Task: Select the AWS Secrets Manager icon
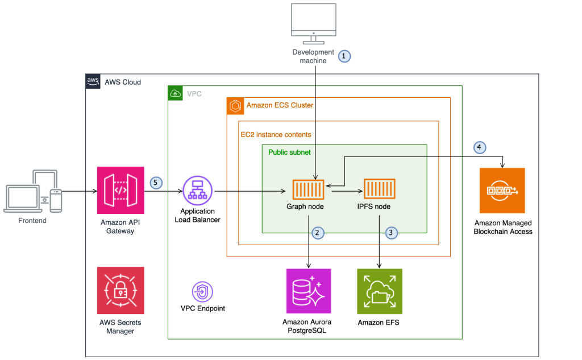[120, 290]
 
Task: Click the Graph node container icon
[308, 190]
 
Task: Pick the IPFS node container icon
[379, 190]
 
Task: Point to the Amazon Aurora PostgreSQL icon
[308, 291]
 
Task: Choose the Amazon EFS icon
[379, 291]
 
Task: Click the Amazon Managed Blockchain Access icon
[502, 191]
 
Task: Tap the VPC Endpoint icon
[202, 291]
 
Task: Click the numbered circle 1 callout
[344, 56]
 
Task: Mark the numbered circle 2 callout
[318, 232]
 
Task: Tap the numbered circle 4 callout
[480, 148]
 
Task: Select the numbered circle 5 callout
[156, 183]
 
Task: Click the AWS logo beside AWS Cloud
[93, 81]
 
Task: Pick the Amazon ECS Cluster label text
[280, 105]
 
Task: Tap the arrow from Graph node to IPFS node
[343, 192]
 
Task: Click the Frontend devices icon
[32, 191]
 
